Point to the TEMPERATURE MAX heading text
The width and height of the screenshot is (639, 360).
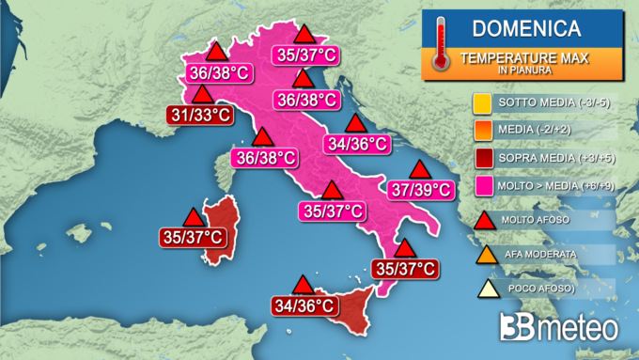(x=523, y=58)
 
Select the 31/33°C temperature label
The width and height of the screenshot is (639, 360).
(x=200, y=115)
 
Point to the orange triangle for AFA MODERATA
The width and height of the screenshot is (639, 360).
(x=486, y=254)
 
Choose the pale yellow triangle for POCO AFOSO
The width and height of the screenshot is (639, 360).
(x=486, y=288)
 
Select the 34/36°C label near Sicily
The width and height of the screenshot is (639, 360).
(x=304, y=305)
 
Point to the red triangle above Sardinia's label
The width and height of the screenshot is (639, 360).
(x=194, y=216)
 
